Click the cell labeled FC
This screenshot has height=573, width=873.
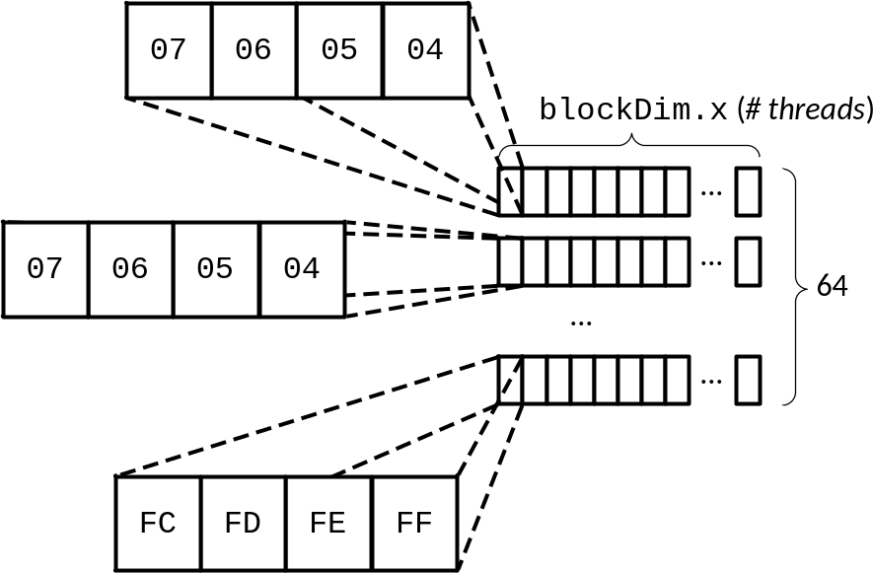159,524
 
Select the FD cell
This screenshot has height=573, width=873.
244,524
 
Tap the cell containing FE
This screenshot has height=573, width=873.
329,524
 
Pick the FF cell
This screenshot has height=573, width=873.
414,524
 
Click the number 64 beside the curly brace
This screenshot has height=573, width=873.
832,286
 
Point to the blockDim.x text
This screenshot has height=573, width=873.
633,109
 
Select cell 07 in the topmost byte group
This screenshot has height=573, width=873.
169,50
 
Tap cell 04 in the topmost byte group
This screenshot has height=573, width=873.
426,50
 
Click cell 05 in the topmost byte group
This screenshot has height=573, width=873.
339,50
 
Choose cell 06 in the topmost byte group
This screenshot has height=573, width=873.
254,50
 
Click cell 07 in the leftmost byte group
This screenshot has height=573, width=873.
45,269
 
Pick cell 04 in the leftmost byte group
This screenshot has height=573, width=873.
302,269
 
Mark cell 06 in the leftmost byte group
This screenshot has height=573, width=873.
131,269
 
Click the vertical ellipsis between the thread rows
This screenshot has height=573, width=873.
581,322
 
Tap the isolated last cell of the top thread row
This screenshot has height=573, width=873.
748,191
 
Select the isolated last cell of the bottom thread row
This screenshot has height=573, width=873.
748,380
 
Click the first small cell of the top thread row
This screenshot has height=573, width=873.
511,191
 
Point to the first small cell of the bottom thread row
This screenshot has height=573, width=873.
511,380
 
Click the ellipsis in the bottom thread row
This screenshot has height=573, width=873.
711,382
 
